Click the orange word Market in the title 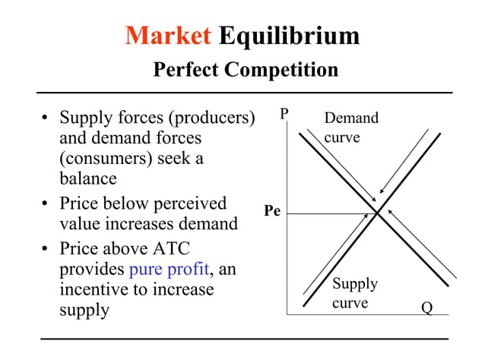pos(168,35)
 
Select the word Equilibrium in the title pos(289,35)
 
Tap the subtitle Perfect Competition pos(246,70)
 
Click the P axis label pos(284,114)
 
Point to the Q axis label pos(427,308)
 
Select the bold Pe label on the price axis pos(272,211)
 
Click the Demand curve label pos(350,128)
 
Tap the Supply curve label pos(354,293)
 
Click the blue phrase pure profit pos(169,269)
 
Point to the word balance pos(88,180)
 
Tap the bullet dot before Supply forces pos(46,119)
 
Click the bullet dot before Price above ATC pos(46,250)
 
